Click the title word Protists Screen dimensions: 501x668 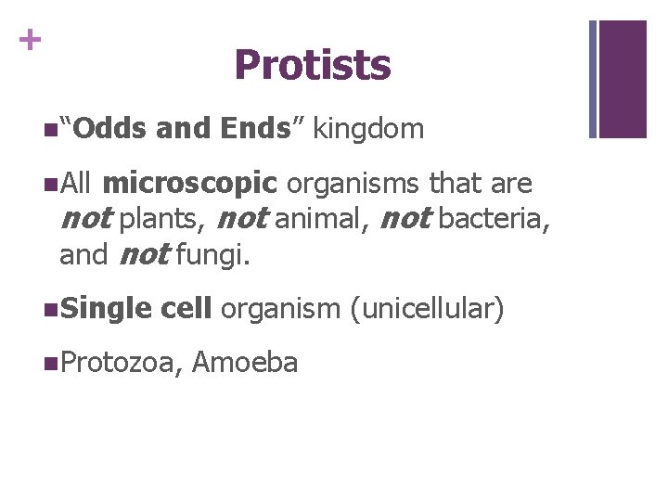pyautogui.click(x=313, y=66)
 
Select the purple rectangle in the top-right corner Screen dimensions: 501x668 pyautogui.click(x=623, y=79)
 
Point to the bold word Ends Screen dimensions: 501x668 pyautogui.click(x=253, y=129)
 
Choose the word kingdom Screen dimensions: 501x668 pyautogui.click(x=368, y=129)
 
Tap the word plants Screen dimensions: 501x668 pyautogui.click(x=164, y=220)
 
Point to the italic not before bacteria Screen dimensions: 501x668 pyautogui.click(x=405, y=220)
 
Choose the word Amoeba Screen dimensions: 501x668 pyautogui.click(x=246, y=363)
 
